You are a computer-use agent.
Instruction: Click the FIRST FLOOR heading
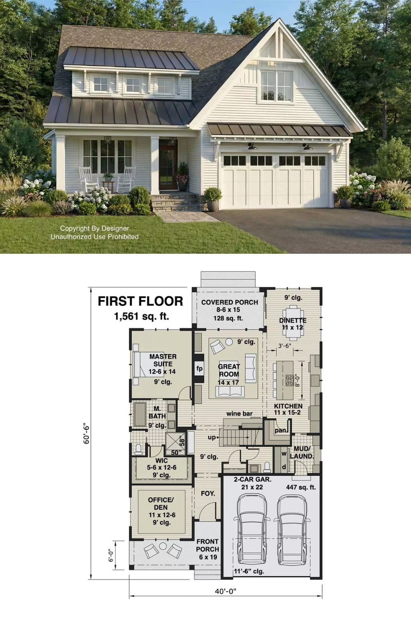(141, 301)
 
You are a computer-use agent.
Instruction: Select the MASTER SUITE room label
(163, 360)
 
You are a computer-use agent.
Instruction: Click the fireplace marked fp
(199, 369)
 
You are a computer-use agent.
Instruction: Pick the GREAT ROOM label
(229, 371)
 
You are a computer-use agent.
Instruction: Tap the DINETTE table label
(293, 320)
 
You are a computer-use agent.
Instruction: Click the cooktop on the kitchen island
(290, 380)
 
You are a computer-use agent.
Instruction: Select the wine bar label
(239, 413)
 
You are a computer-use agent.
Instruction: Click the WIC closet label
(162, 461)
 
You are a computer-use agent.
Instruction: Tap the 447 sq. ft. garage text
(301, 487)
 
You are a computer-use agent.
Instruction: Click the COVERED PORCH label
(230, 302)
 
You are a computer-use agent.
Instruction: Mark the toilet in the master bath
(139, 449)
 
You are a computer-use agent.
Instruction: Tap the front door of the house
(168, 168)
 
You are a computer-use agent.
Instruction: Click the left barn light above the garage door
(252, 146)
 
